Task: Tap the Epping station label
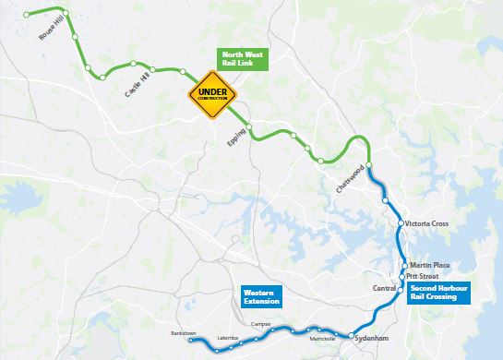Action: coord(235,142)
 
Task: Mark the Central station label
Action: coord(385,289)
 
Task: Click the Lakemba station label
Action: coord(226,339)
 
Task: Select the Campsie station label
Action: coord(261,324)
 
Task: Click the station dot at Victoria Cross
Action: coord(399,224)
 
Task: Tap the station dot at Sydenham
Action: coord(353,336)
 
